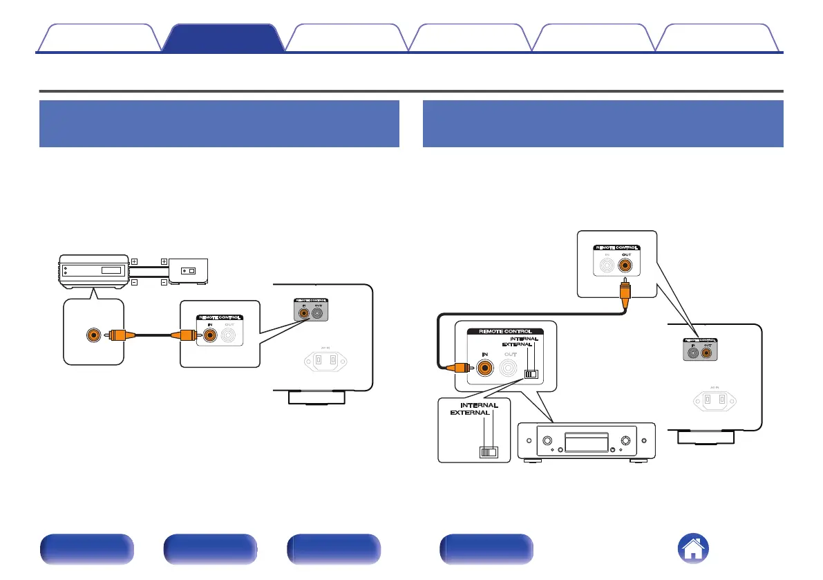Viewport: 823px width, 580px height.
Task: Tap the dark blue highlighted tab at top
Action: pyautogui.click(x=223, y=38)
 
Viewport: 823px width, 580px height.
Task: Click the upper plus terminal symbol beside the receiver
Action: pyautogui.click(x=134, y=261)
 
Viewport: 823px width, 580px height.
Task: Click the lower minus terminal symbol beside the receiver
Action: pyautogui.click(x=134, y=282)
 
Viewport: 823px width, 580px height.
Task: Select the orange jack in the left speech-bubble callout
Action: pyautogui.click(x=92, y=336)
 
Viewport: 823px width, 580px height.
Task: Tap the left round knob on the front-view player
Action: pyautogui.click(x=546, y=440)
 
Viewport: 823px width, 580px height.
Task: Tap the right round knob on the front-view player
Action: pyautogui.click(x=626, y=440)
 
